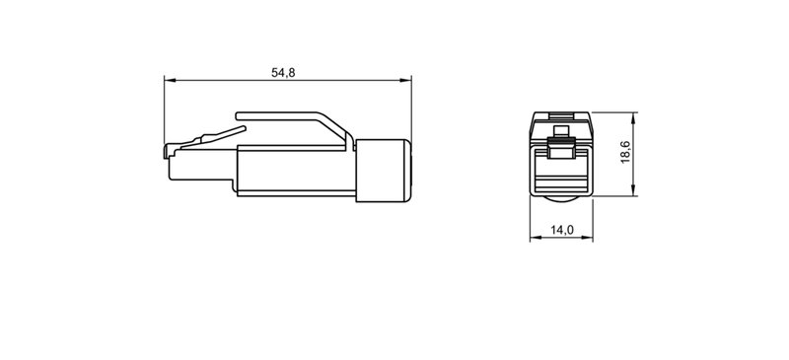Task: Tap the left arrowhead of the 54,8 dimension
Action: (168, 81)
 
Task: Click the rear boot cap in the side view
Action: (383, 172)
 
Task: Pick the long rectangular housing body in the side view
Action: (296, 172)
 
